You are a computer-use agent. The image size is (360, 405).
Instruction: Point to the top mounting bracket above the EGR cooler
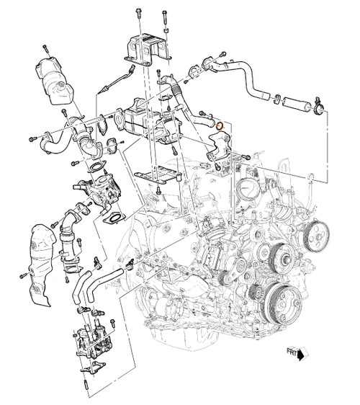coord(148,48)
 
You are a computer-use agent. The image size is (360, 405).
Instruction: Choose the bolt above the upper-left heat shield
coord(45,48)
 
